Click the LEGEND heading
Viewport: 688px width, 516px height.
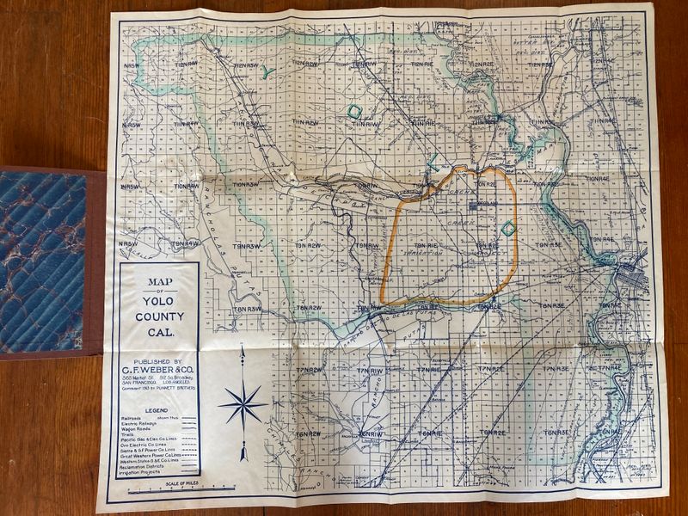[x=157, y=410]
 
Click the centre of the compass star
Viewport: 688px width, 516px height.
[x=243, y=405]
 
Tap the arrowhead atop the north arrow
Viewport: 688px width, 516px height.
[x=243, y=350]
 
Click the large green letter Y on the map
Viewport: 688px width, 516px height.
[x=267, y=73]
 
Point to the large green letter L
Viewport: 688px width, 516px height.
[x=435, y=158]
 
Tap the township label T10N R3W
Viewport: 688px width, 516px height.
[x=246, y=184]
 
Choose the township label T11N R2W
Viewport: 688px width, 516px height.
[x=306, y=123]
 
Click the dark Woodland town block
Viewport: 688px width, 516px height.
[x=475, y=206]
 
